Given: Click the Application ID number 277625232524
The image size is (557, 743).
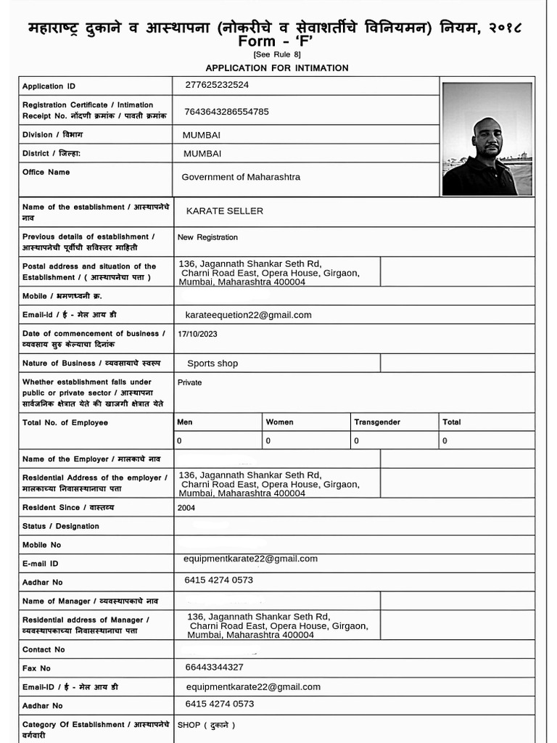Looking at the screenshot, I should point(217,85).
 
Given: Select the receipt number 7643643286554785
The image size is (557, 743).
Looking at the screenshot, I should point(227,111).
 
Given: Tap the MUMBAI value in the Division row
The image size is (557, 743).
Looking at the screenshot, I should point(202,135).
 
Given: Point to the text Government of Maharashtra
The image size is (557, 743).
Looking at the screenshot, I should point(241,177).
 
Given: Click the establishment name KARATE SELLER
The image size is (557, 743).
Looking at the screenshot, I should point(225,211).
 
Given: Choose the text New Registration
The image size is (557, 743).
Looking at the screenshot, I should point(207,237).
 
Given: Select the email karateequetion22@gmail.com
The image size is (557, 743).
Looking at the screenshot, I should point(248,315).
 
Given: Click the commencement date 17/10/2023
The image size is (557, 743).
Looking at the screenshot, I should point(197,334).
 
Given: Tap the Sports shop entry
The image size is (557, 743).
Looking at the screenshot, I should point(213,364).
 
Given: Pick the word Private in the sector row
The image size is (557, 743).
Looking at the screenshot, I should point(190,382).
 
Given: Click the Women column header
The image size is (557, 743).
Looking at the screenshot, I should point(280,422).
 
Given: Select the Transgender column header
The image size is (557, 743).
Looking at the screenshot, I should point(377,422).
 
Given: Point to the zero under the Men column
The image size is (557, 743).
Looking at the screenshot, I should point(179,440).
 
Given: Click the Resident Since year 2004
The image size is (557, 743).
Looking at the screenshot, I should point(186,508).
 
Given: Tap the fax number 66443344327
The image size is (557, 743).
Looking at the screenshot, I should point(215,668).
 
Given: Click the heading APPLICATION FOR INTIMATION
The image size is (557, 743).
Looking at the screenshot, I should point(277,68).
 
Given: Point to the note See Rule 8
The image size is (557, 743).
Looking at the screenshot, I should point(277,55).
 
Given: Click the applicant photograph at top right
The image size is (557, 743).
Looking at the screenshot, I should point(487,139).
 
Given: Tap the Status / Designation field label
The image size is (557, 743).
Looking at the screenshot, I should point(61,526).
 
